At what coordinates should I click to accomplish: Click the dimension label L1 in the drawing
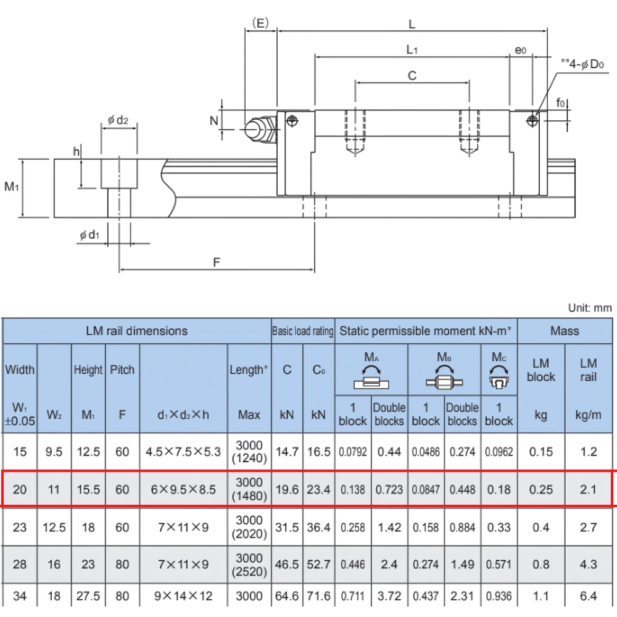pyautogui.click(x=412, y=49)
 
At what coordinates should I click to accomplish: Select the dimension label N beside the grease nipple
pyautogui.click(x=214, y=120)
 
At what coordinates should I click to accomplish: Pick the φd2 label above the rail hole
pyautogui.click(x=118, y=120)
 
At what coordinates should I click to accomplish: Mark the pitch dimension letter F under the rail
pyautogui.click(x=217, y=262)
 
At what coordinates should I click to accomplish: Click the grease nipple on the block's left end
pyautogui.click(x=259, y=129)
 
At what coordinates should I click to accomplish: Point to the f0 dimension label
pyautogui.click(x=561, y=102)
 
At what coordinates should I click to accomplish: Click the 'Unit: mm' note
pyautogui.click(x=589, y=307)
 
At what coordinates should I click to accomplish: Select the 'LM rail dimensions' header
pyautogui.click(x=136, y=331)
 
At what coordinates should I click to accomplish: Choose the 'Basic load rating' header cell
pyautogui.click(x=303, y=331)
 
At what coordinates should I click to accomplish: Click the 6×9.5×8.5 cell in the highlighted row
pyautogui.click(x=183, y=489)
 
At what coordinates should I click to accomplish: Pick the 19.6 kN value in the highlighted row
pyautogui.click(x=287, y=489)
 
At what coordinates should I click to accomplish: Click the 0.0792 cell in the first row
pyautogui.click(x=353, y=452)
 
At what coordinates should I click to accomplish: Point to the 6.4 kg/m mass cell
pyautogui.click(x=589, y=596)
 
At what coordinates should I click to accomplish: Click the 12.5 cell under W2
pyautogui.click(x=54, y=528)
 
